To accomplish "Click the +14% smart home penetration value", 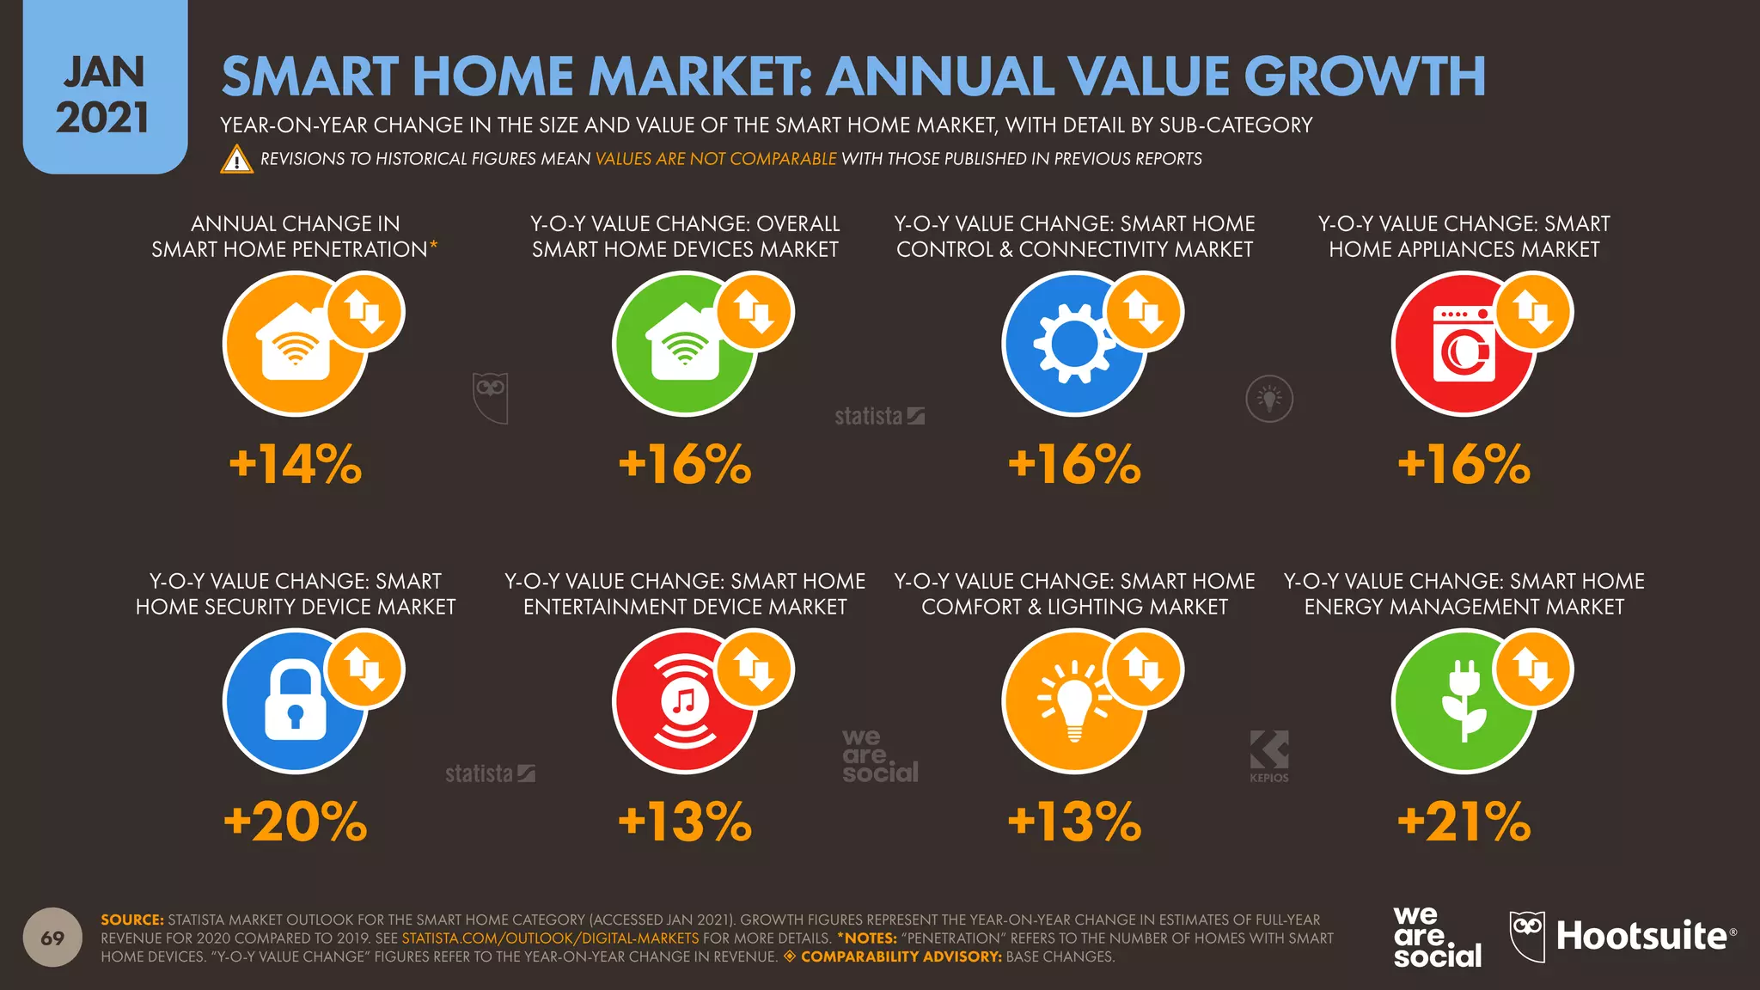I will [295, 465].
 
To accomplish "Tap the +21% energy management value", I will [1464, 822].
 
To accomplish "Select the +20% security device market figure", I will [295, 822].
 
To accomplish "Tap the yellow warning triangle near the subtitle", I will [236, 160].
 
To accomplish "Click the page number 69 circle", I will [52, 938].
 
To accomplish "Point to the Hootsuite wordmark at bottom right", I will [1641, 936].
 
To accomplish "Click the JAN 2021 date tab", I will [104, 95].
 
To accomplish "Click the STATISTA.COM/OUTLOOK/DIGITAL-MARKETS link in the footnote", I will [550, 938].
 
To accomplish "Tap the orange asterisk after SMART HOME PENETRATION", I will [434, 246].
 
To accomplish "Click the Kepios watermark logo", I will [1269, 755].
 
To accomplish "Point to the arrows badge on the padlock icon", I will [365, 669].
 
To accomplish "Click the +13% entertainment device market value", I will [685, 822].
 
